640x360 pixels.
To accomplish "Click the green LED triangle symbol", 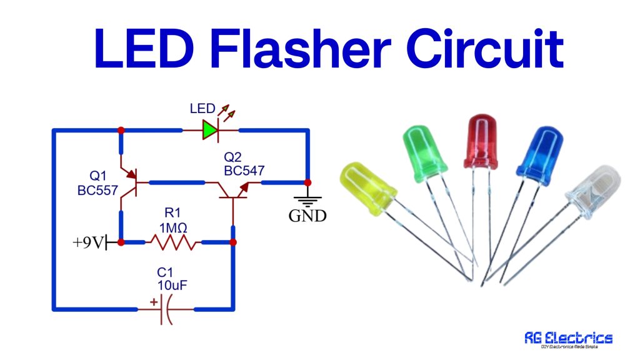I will [210, 131].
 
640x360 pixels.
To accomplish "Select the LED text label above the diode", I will [202, 109].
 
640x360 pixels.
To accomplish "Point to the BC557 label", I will [97, 191].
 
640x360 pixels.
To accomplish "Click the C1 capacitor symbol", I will [164, 309].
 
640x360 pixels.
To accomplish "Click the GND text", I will [307, 217].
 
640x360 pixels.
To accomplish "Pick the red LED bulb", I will [481, 144].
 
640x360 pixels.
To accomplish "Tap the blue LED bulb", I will [536, 154].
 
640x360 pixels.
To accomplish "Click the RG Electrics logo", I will [568, 339].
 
